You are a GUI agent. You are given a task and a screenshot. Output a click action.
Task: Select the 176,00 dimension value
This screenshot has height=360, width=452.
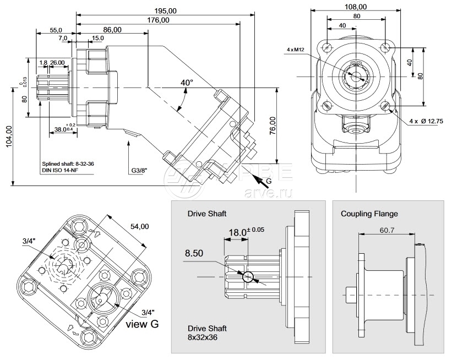click(158, 20)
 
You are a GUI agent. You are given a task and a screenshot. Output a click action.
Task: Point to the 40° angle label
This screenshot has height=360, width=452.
click(187, 83)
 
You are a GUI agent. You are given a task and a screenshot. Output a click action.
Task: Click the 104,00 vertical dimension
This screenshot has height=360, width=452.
click(8, 137)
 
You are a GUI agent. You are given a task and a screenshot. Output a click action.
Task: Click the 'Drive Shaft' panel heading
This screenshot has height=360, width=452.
click(206, 213)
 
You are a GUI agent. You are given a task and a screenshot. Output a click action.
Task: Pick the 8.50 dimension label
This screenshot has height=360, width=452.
click(194, 254)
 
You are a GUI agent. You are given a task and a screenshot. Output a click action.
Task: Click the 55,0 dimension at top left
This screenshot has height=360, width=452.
click(56, 30)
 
